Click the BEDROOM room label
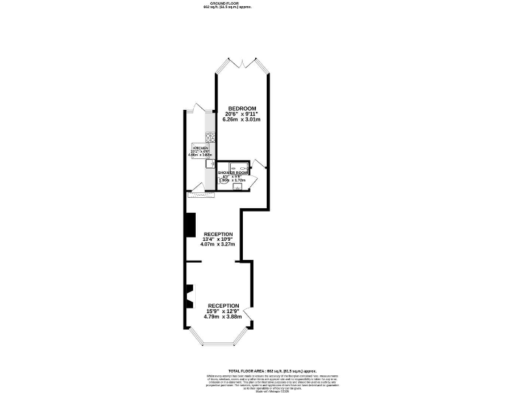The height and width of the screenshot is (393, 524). click(x=242, y=109)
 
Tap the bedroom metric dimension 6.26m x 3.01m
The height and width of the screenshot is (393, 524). click(x=242, y=119)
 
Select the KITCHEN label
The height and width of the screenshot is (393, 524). click(x=201, y=148)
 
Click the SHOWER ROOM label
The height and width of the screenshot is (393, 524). click(x=231, y=173)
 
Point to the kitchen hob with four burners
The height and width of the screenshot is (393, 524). click(x=203, y=136)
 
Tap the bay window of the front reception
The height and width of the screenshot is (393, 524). click(x=218, y=339)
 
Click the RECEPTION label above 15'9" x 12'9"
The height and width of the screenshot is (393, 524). click(x=222, y=305)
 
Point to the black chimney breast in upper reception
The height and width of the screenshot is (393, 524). click(x=190, y=225)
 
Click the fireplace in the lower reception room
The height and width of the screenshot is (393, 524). click(x=188, y=295)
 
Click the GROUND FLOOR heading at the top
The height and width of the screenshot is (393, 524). click(x=227, y=3)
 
